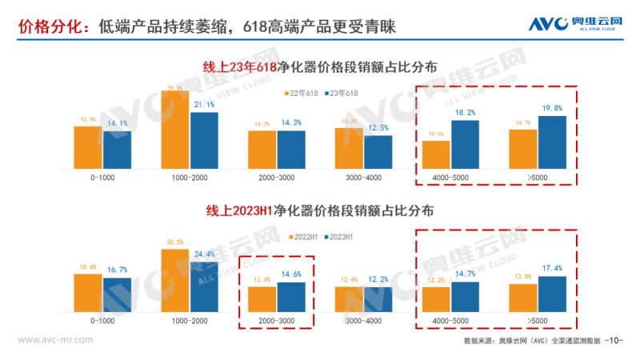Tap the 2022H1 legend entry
pos(305,237)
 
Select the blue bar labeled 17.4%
pos(552,293)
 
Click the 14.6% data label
pos(291,274)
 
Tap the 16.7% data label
pos(117,270)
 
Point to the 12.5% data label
pos(378,128)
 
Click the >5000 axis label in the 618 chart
pos(538,177)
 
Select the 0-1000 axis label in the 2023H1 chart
pos(102,319)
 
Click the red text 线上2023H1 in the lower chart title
pos(239,212)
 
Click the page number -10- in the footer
pos(614,341)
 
